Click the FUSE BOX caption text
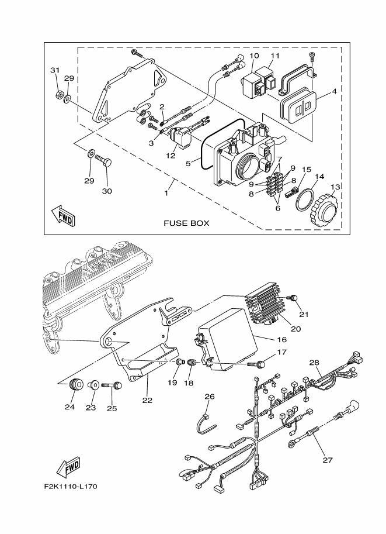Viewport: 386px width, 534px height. click(186, 223)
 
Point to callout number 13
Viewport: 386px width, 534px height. click(335, 187)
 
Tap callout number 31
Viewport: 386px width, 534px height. click(55, 70)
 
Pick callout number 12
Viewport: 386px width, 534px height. click(171, 156)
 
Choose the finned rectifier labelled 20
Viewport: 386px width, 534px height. click(268, 308)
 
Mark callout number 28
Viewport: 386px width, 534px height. click(315, 363)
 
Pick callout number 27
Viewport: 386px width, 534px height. click(327, 460)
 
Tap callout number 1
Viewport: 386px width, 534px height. click(167, 192)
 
